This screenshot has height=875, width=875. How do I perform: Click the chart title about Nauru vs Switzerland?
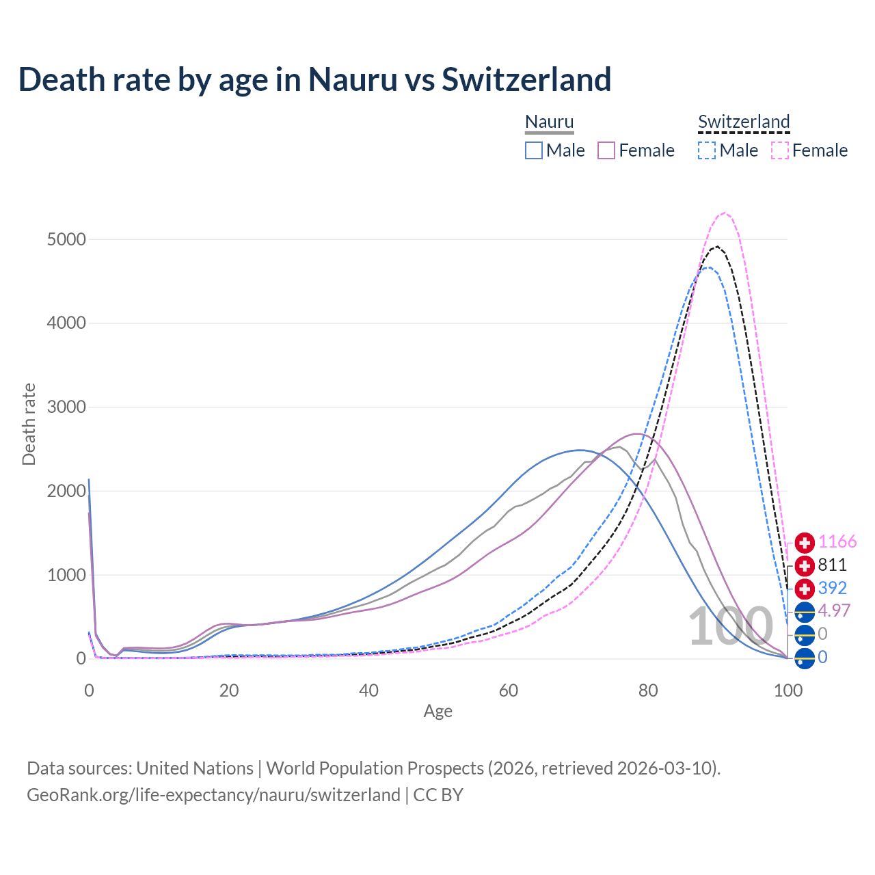314,79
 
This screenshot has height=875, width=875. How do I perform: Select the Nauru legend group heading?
549,122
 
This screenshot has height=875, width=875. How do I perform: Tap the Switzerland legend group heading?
744,122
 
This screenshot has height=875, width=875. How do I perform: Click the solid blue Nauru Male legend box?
534,150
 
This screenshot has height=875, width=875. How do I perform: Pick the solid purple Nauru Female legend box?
607,150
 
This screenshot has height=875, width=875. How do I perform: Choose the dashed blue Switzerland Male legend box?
707,150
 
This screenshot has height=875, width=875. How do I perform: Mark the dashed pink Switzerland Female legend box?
780,150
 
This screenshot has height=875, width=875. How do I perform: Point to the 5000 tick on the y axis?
66,239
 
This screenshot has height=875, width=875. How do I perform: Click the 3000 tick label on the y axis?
66,407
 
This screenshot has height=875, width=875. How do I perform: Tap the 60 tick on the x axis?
508,690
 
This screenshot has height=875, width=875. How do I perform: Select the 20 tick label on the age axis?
229,690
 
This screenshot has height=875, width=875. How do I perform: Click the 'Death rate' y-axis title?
29,425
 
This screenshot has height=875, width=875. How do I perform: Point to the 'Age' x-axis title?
437,712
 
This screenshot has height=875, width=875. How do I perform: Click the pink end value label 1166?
837,542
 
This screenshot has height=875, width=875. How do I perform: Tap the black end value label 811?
832,565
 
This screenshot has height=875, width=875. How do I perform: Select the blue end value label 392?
832,588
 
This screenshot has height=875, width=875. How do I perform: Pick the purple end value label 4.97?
834,610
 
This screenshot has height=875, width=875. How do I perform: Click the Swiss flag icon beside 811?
805,566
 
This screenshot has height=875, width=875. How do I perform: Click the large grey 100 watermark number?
730,627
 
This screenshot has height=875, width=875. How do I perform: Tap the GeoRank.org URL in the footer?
213,795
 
